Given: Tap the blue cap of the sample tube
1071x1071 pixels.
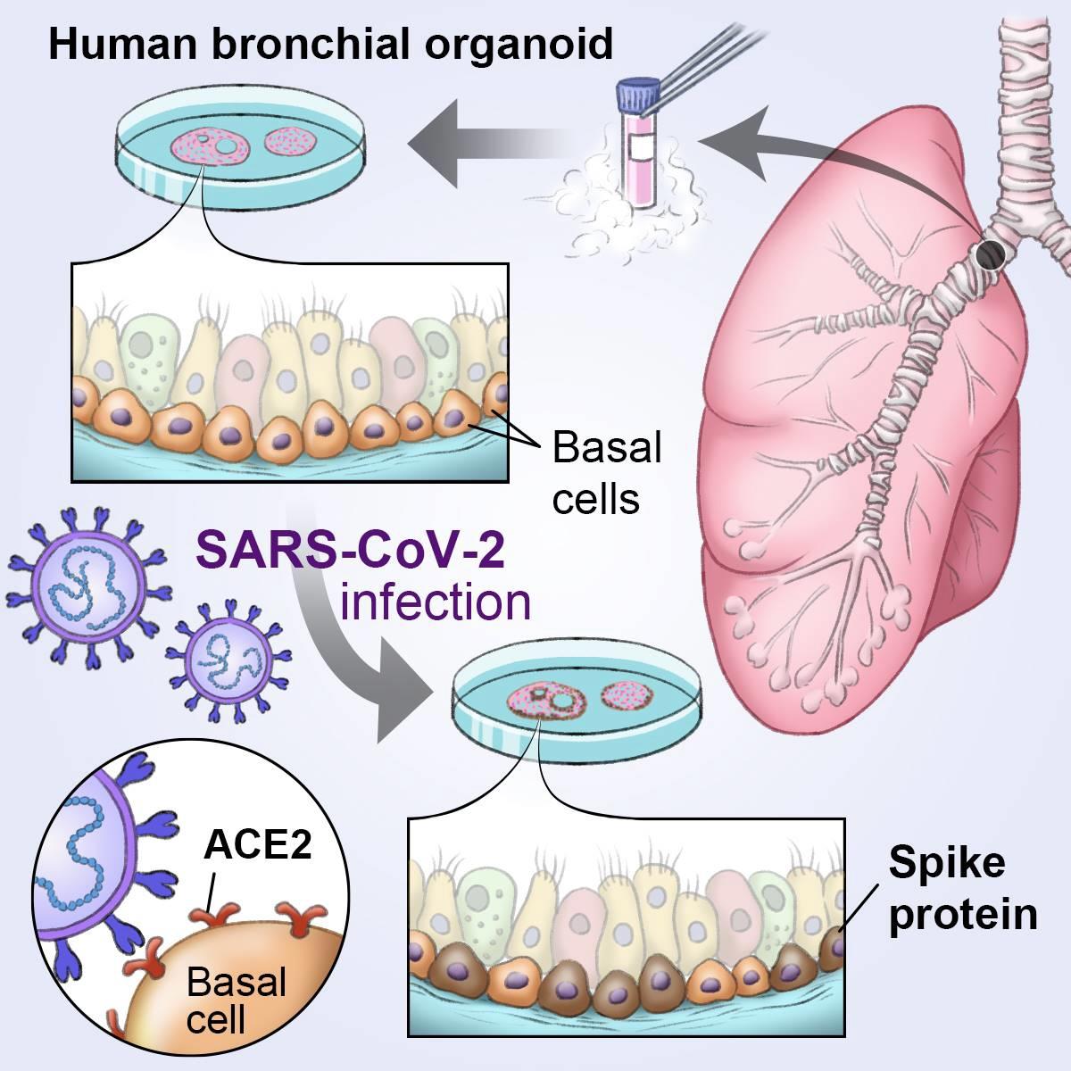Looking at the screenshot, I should [638, 93].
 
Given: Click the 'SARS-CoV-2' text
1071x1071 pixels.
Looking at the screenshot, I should [350, 550].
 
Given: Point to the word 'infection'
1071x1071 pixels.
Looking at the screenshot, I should [436, 602].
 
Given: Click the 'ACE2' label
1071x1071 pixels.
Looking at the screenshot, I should [259, 844].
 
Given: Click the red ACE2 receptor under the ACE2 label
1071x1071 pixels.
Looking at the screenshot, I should [214, 915].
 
